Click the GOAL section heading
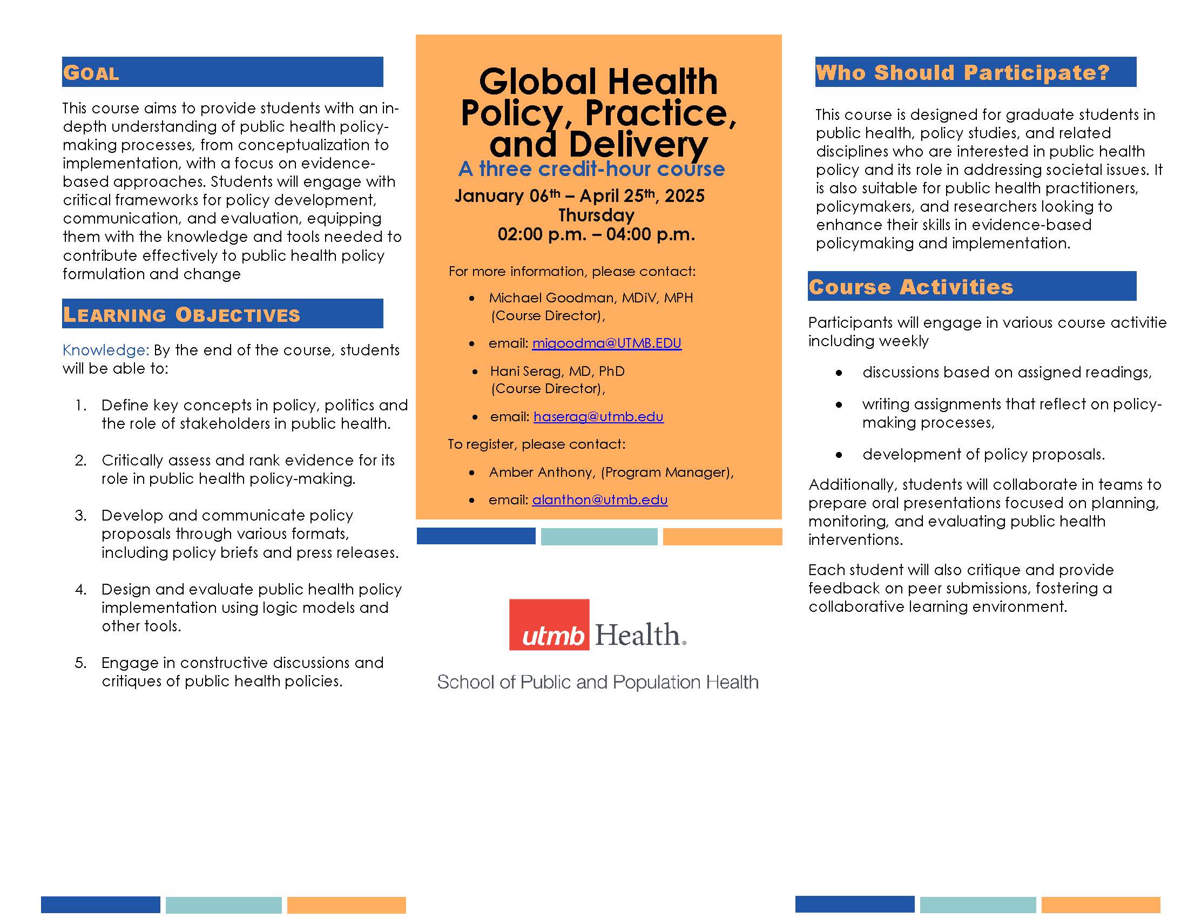pos(91,73)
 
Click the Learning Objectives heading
pos(181,315)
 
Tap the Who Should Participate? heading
pos(962,72)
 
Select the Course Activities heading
pos(910,287)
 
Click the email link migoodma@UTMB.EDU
pos(606,343)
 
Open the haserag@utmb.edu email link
pos(598,416)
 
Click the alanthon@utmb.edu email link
pos(599,500)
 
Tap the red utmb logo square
pos(549,625)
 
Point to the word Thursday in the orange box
pos(596,215)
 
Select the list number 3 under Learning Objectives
pos(80,515)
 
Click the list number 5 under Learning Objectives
pos(80,663)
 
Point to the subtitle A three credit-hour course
pos(591,169)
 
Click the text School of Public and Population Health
pos(597,682)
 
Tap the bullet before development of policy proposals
pos(839,455)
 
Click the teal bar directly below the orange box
pos(599,536)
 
